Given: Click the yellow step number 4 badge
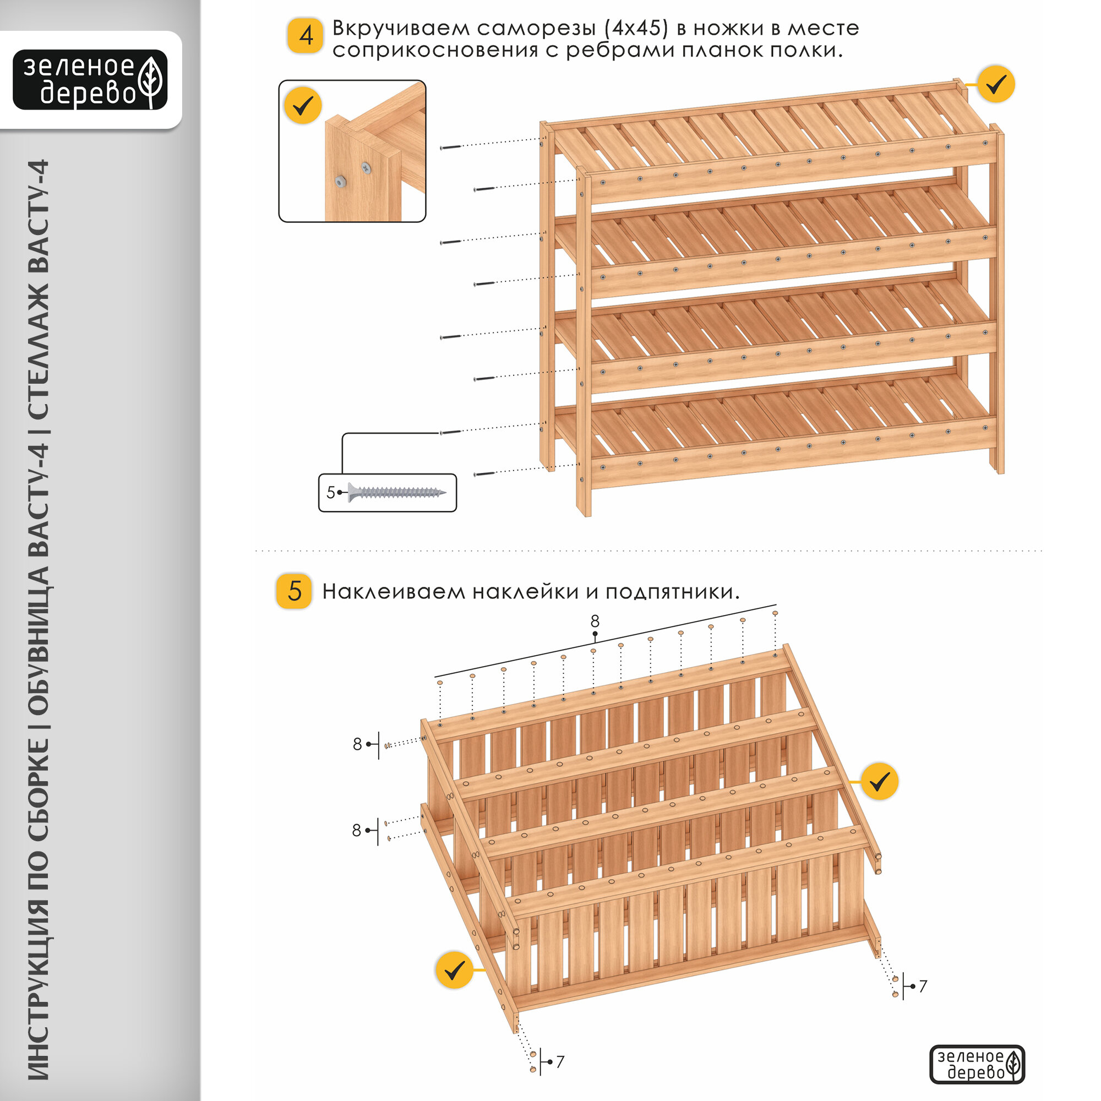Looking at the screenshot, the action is [x=306, y=36].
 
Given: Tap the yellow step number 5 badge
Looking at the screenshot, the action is [x=293, y=591].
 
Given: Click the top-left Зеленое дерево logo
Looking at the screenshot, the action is [x=90, y=80].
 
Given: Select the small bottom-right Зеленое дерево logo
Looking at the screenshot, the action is [x=977, y=1064].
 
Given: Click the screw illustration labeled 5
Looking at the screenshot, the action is [x=397, y=492].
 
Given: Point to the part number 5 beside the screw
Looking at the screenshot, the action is [x=330, y=492].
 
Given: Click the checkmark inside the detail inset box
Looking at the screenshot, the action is [x=303, y=106].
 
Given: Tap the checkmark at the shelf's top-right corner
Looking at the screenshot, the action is [x=996, y=84].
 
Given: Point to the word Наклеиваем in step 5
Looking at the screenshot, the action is [x=394, y=592].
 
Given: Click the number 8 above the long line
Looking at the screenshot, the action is [x=595, y=620].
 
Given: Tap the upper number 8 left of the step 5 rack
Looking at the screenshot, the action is [x=357, y=744].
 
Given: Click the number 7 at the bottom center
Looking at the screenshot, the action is [x=560, y=1062].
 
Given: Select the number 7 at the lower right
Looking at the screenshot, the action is [x=923, y=986].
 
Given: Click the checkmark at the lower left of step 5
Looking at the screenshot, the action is [x=454, y=970].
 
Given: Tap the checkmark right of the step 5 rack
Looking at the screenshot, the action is [x=880, y=781].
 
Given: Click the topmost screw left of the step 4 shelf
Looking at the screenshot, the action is [x=450, y=147].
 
